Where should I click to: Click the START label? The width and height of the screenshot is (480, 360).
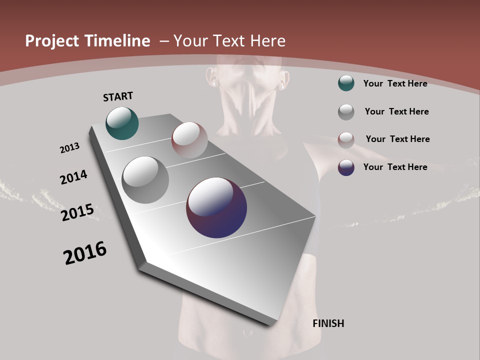[118, 96]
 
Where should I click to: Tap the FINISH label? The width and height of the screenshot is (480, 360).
[328, 323]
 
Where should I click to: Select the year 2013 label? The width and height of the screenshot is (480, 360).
[69, 148]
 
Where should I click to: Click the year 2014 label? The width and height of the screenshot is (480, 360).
[73, 177]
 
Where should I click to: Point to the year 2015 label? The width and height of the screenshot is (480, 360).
[77, 212]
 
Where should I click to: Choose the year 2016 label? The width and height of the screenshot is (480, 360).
[85, 253]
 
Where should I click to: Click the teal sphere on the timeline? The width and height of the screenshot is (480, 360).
[122, 123]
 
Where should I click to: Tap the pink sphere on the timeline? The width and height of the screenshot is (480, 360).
[189, 139]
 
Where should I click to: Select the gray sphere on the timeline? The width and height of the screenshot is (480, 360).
[145, 179]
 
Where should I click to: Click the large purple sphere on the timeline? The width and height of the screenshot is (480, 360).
[216, 207]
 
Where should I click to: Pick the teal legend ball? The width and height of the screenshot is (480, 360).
[346, 83]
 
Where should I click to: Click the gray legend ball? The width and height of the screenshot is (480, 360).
[346, 112]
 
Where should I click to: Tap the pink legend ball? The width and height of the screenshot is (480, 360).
[346, 140]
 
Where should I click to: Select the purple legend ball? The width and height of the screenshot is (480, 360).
[346, 167]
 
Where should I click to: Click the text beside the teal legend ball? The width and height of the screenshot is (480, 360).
[395, 83]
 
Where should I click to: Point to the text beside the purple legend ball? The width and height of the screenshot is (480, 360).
[395, 167]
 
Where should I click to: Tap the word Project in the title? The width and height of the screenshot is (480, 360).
[51, 41]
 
